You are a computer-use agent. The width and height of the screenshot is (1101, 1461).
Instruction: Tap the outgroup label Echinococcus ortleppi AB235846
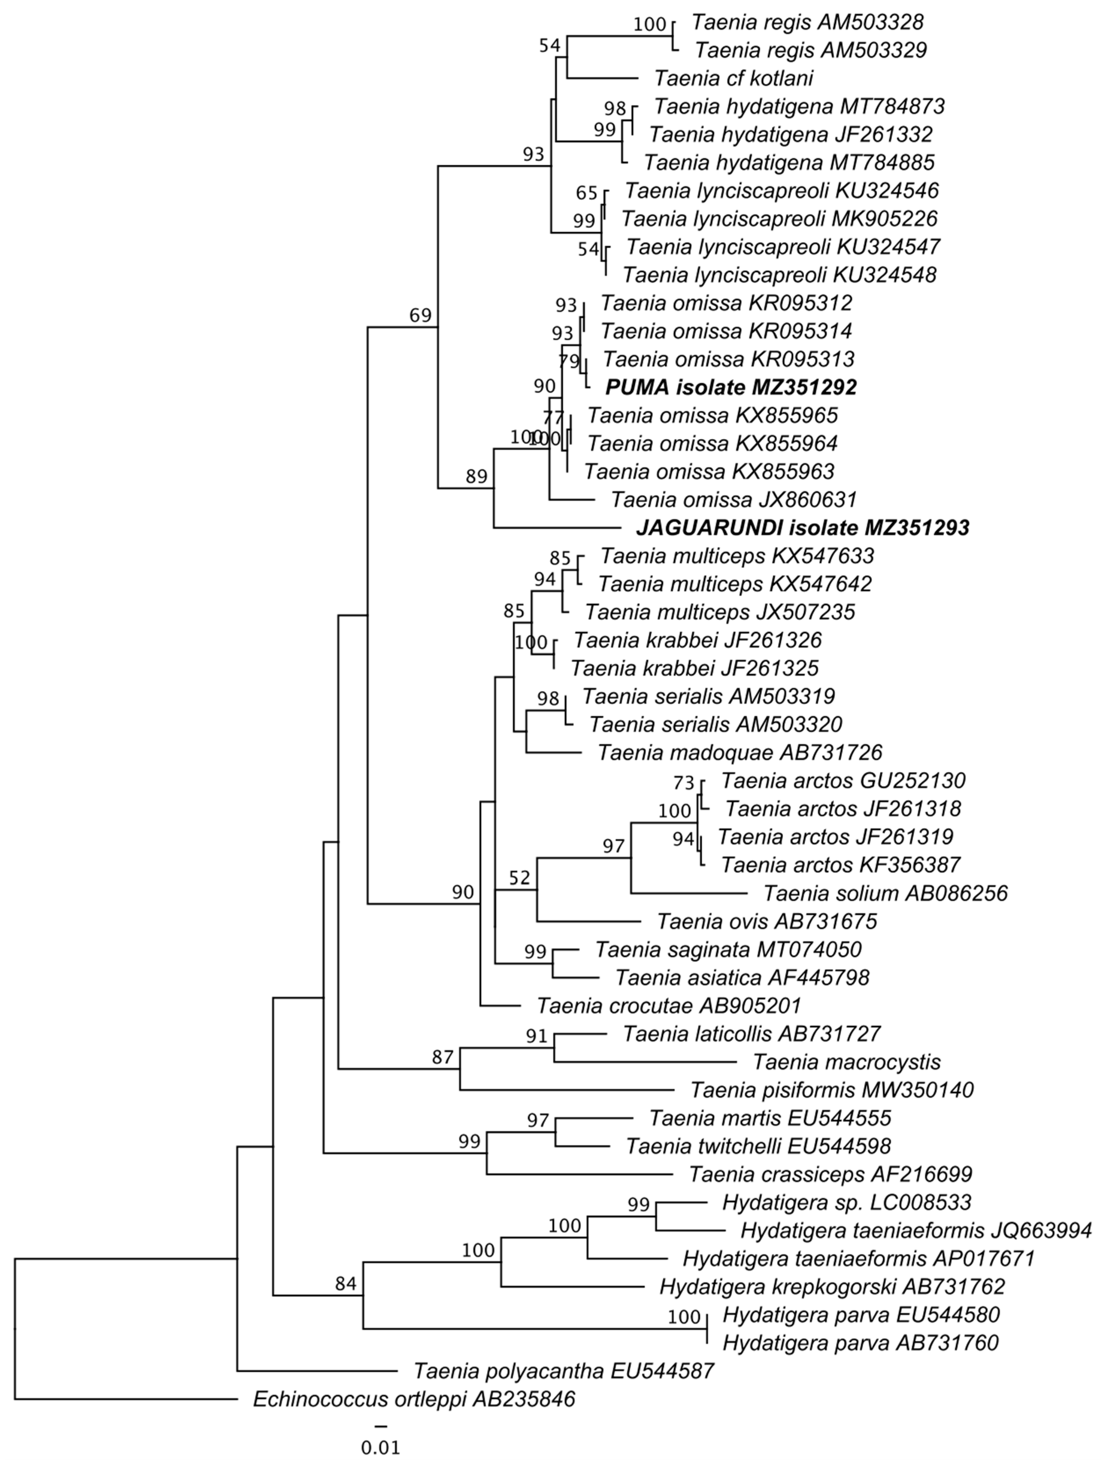pyautogui.click(x=414, y=1399)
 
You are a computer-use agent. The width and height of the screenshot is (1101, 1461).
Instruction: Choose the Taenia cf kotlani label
pyautogui.click(x=733, y=78)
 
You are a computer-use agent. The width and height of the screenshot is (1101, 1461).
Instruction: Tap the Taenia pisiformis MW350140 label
pyautogui.click(x=832, y=1090)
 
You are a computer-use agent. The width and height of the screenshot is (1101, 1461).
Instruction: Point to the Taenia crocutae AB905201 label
pyautogui.click(x=669, y=1006)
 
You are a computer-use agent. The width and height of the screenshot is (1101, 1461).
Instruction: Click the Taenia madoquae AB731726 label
pyautogui.click(x=740, y=752)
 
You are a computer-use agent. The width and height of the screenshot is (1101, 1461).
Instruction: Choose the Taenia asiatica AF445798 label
pyautogui.click(x=742, y=977)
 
